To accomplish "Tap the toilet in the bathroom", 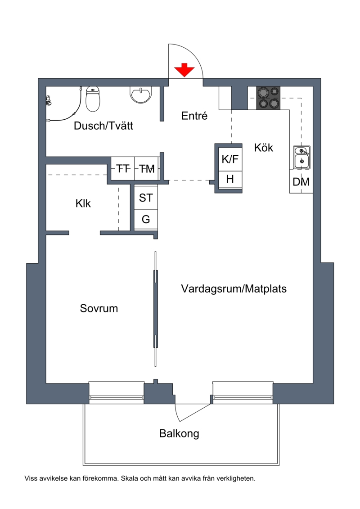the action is (93, 99).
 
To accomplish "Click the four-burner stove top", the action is (269, 98).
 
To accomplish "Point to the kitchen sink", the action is (302, 158).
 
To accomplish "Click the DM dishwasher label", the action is (301, 182).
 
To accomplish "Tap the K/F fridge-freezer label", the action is (230, 159).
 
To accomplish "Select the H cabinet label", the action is (230, 179).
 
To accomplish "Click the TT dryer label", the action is (123, 169).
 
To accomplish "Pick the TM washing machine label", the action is (147, 169).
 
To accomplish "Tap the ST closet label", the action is (146, 198).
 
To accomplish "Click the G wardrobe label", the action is (146, 220).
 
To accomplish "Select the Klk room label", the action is (83, 203).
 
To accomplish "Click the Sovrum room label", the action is (99, 308).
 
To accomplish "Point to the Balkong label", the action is (179, 434).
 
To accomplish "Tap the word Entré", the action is (194, 116).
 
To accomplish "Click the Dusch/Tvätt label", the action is (103, 126).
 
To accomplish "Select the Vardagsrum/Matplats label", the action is (234, 288).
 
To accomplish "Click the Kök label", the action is (264, 148).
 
